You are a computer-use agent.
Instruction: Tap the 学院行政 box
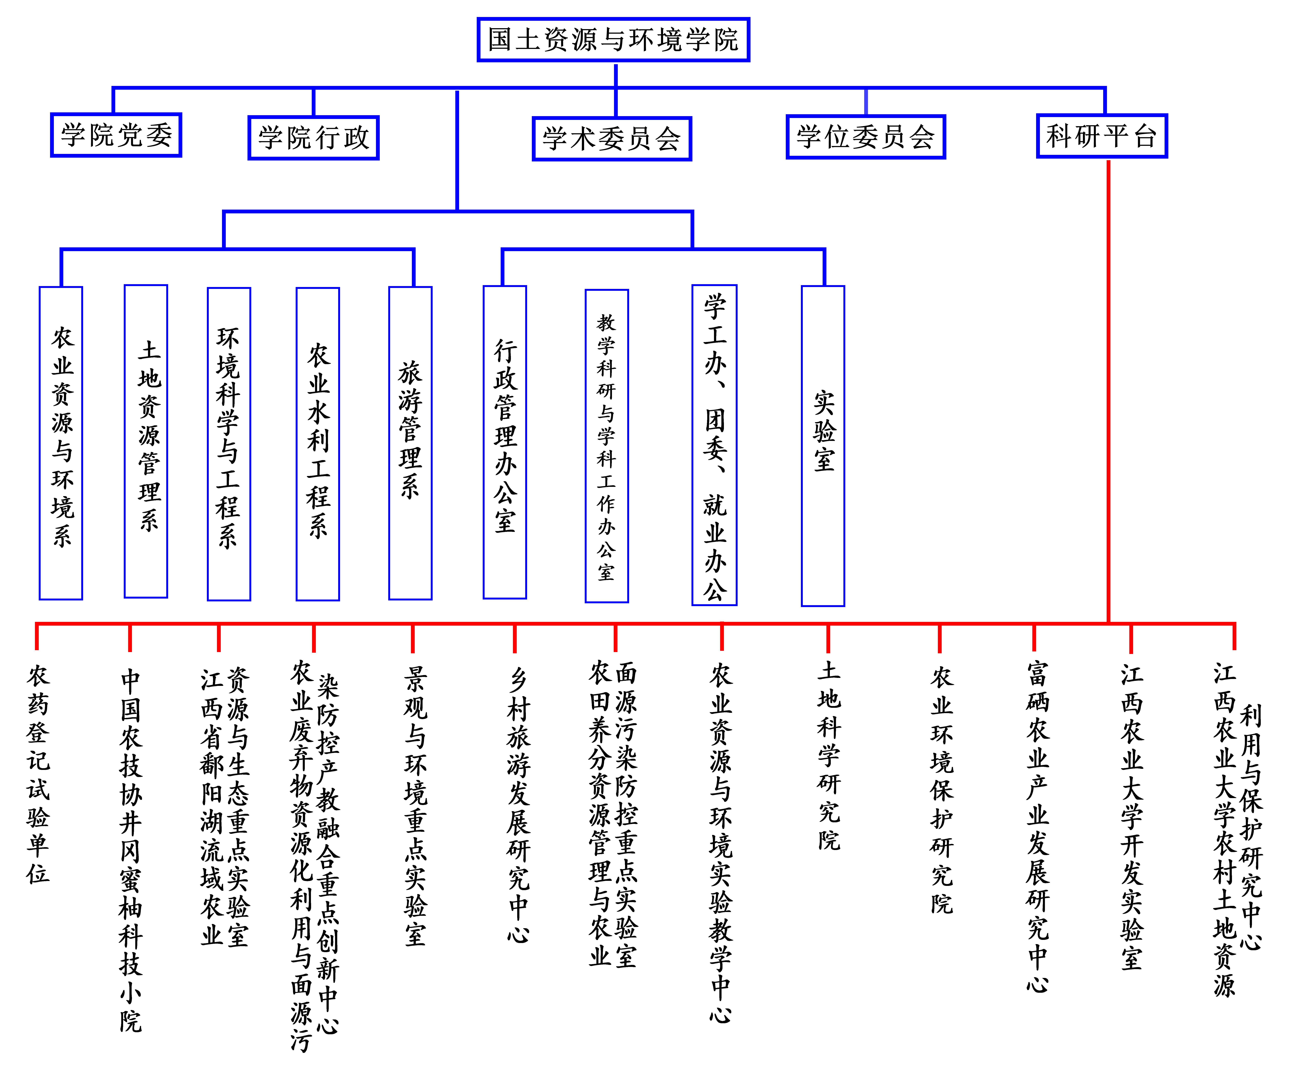313,138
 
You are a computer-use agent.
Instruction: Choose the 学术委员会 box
612,139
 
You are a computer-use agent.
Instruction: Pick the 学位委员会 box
866,136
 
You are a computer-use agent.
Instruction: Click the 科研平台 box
1102,136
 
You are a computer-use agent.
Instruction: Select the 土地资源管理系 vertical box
146,441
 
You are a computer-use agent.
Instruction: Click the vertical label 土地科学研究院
829,756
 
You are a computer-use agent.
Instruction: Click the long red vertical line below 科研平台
1108,391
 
